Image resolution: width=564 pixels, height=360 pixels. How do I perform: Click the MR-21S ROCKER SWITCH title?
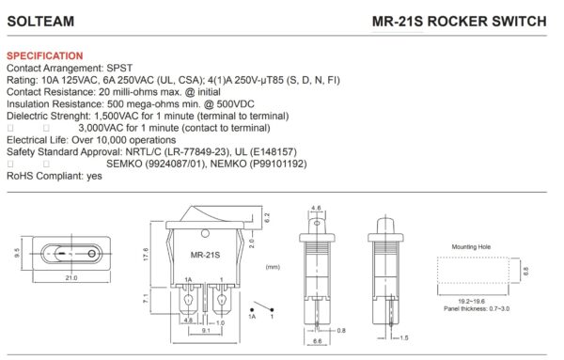tap(459, 21)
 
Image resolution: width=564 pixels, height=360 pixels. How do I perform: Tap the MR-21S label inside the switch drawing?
tap(204, 255)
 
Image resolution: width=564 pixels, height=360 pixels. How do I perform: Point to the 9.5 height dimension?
tap(18, 253)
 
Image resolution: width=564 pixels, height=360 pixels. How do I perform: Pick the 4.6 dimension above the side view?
tap(316, 208)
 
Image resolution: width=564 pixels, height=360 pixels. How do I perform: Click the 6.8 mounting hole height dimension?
tap(525, 271)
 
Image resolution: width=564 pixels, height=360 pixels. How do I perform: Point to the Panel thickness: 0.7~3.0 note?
tap(478, 308)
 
